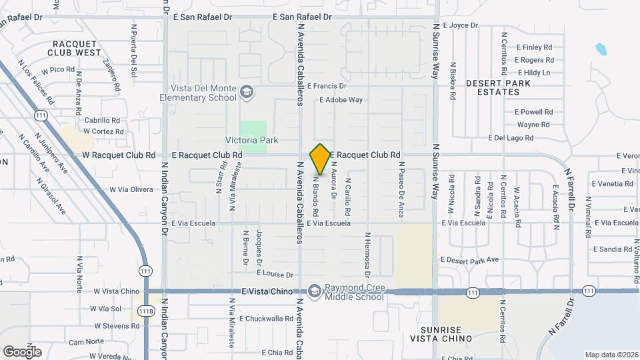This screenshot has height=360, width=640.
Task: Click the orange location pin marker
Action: click(x=321, y=159)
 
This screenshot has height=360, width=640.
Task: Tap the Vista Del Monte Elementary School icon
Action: click(x=247, y=91)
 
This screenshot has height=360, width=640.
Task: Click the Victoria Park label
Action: click(x=252, y=140)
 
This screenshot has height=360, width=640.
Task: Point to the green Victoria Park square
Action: click(x=253, y=130)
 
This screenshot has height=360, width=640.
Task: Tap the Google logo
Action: click(x=22, y=351)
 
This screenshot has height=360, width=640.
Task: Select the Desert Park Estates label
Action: click(x=498, y=87)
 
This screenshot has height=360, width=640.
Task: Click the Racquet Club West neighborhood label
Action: click(x=77, y=48)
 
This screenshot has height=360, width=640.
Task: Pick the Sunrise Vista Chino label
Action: click(x=446, y=334)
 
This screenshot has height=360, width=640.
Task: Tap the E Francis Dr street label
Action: click(x=327, y=86)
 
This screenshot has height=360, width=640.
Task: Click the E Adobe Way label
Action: click(x=341, y=100)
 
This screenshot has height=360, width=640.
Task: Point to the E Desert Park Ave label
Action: click(x=469, y=259)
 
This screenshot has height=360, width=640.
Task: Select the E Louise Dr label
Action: click(x=275, y=275)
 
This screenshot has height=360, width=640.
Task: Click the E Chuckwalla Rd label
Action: click(x=266, y=319)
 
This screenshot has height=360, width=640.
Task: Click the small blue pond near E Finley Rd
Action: click(x=601, y=49)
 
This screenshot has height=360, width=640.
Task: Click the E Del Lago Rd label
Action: click(x=511, y=138)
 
